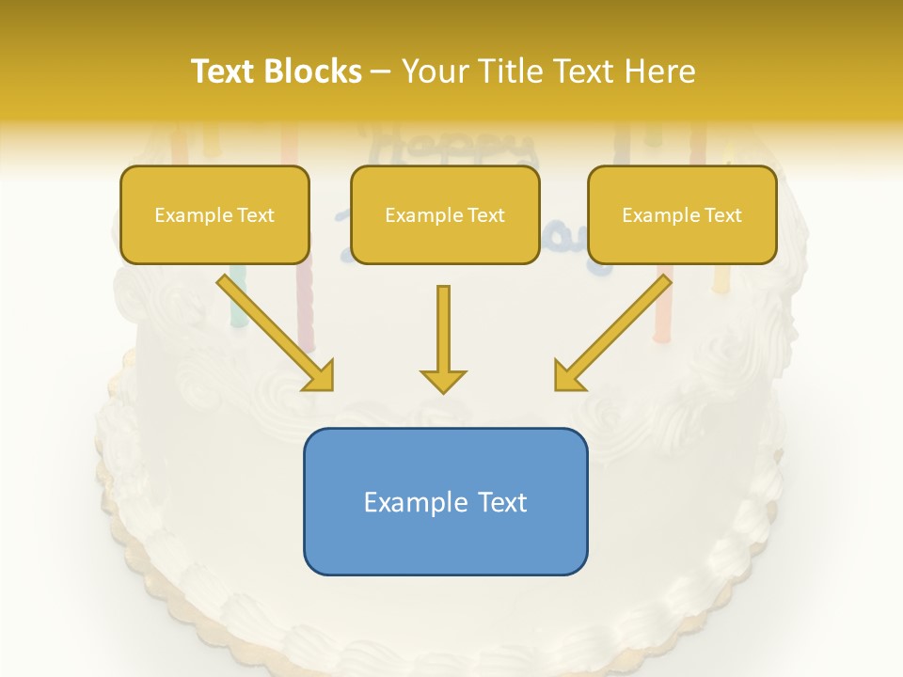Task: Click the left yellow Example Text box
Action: coord(214,214)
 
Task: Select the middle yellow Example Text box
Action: coord(445,214)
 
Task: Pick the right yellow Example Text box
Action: coord(682,214)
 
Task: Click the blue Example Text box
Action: coord(445,501)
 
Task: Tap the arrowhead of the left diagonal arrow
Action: coord(320,375)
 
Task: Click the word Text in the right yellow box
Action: coord(722,215)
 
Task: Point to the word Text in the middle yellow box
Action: coord(485,215)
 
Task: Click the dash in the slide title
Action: coord(381,72)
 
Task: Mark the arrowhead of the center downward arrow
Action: coord(443,380)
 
